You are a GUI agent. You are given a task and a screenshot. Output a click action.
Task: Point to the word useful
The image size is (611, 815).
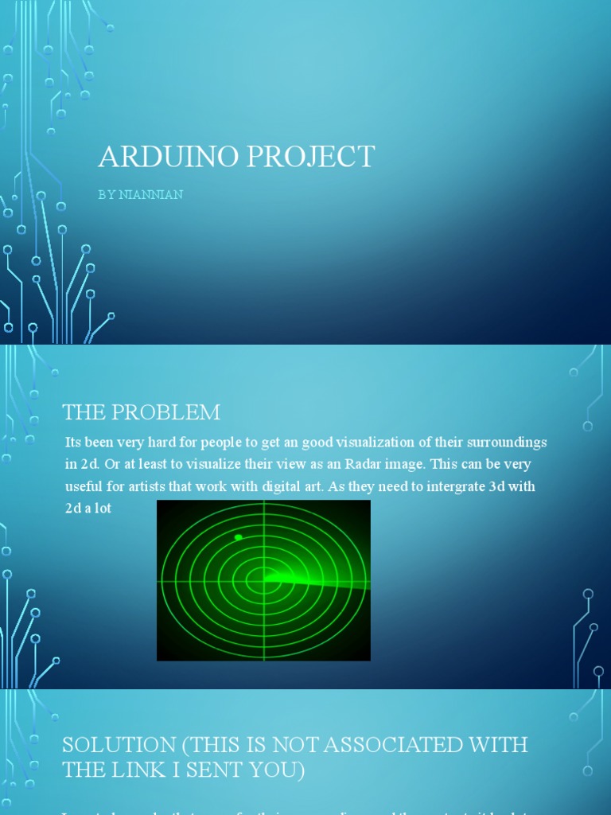point(84,486)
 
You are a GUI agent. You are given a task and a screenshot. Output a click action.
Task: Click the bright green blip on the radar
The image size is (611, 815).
point(238,538)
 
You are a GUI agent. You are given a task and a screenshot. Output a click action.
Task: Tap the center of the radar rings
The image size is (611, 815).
point(263,580)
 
